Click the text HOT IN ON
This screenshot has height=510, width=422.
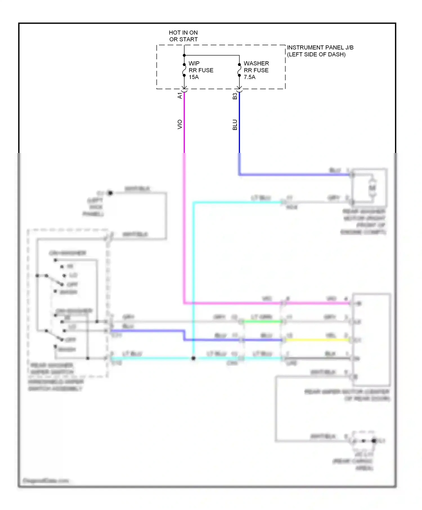[183, 33]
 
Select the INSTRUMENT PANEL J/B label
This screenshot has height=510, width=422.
[320, 48]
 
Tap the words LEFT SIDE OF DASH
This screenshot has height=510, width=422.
[316, 55]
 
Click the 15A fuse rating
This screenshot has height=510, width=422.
[194, 77]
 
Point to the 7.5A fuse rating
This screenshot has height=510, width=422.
[250, 77]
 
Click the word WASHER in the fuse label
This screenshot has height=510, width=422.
[256, 63]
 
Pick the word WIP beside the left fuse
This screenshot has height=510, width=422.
[194, 63]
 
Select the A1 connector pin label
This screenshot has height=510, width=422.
[180, 96]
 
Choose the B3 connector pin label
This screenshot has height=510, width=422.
[235, 96]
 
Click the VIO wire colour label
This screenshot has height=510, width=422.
[180, 125]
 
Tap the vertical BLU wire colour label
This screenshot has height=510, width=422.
[235, 125]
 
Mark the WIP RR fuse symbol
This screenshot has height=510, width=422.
[184, 70]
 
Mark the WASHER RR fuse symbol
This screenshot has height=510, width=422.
[239, 70]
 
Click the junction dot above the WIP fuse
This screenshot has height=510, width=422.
[184, 55]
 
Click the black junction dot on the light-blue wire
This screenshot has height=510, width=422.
[193, 358]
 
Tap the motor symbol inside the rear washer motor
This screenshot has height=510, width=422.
[372, 188]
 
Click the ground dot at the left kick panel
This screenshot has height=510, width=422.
[110, 193]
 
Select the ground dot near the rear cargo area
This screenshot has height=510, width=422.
[374, 441]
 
